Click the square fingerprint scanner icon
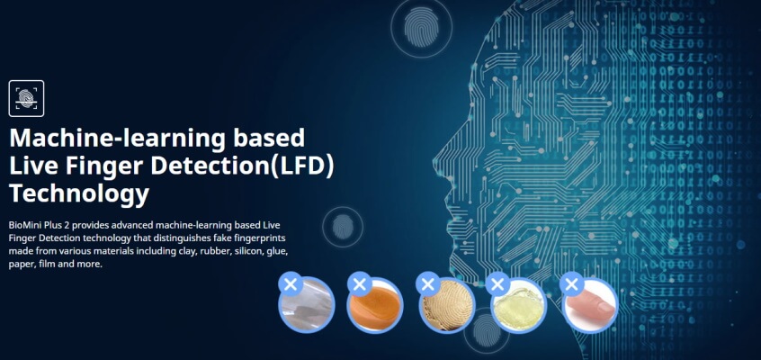coord(26,98)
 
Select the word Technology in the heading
coord(79,194)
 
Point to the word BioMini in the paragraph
coord(23,225)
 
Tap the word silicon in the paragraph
coord(248,252)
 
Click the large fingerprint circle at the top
coord(421,27)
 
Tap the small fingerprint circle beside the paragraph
coord(343,227)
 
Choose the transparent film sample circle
coord(307,304)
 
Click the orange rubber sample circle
coord(375,304)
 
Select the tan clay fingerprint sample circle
coord(446,305)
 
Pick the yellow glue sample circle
coord(518,305)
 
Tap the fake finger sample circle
coord(589,305)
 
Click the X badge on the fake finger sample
coord(572,284)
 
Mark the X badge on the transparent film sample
coord(291,284)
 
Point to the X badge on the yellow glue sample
coord(497,284)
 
